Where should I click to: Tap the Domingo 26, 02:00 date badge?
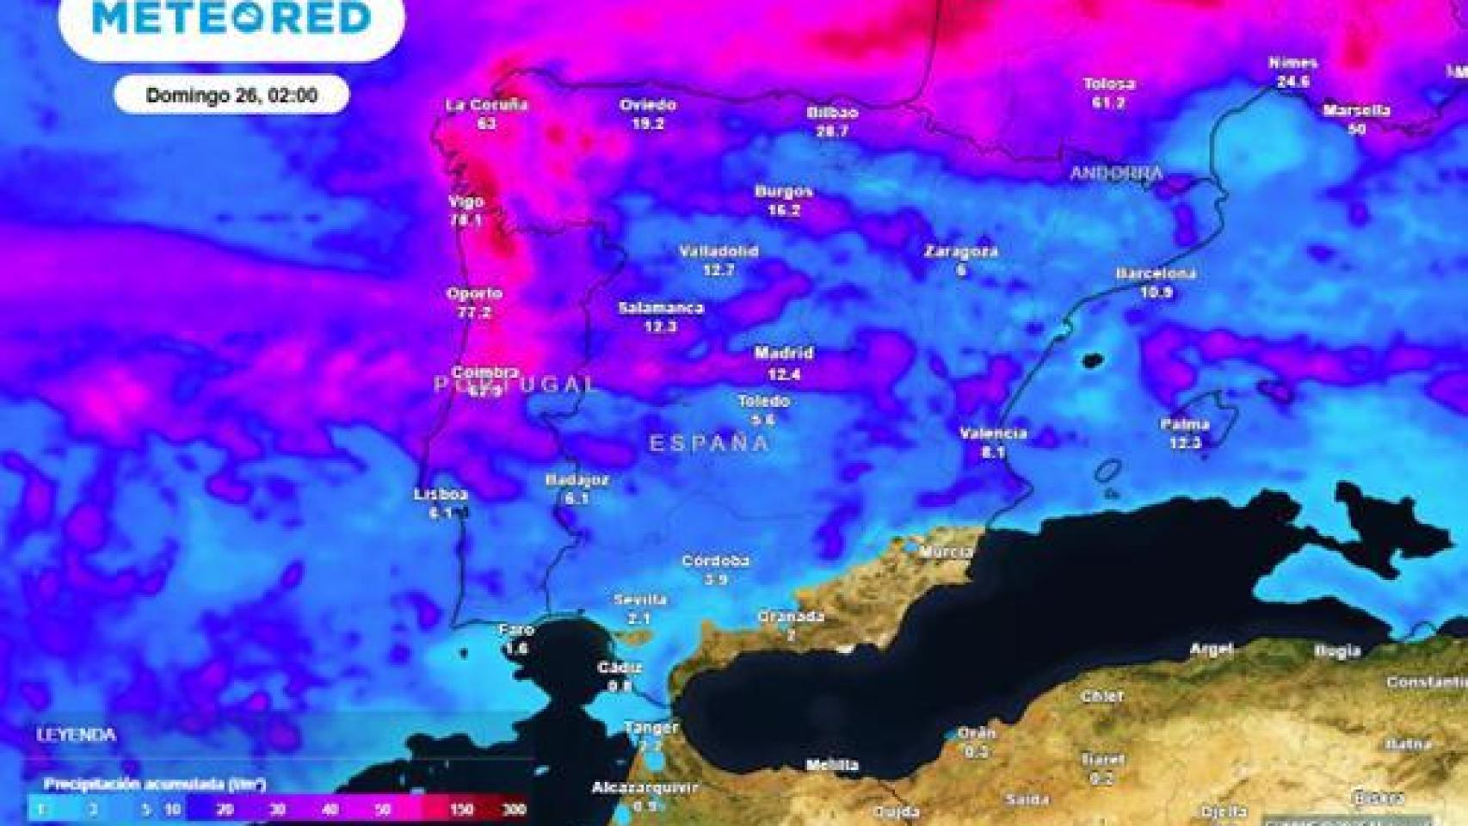[x=231, y=95]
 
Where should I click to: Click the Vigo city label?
[x=466, y=201]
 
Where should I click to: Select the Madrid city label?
[x=783, y=353]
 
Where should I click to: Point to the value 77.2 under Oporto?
[x=473, y=312]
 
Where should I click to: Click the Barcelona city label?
[x=1156, y=274]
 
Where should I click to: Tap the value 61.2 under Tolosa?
[x=1108, y=102]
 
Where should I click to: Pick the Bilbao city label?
[x=831, y=113]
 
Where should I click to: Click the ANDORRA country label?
[x=1116, y=173]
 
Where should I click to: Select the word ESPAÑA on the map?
[x=708, y=443]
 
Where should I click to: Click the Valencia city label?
[x=993, y=433]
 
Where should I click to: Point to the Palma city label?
[x=1184, y=424]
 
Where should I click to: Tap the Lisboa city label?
[x=441, y=495]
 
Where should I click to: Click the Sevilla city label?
[x=639, y=600]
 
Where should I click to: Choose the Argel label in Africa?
[x=1211, y=649]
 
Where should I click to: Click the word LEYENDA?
[x=76, y=735]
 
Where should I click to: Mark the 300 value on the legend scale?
[x=514, y=809]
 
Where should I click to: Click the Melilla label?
[x=831, y=765]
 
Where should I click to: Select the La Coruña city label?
[x=486, y=105]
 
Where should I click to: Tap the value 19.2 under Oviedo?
[x=647, y=124]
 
